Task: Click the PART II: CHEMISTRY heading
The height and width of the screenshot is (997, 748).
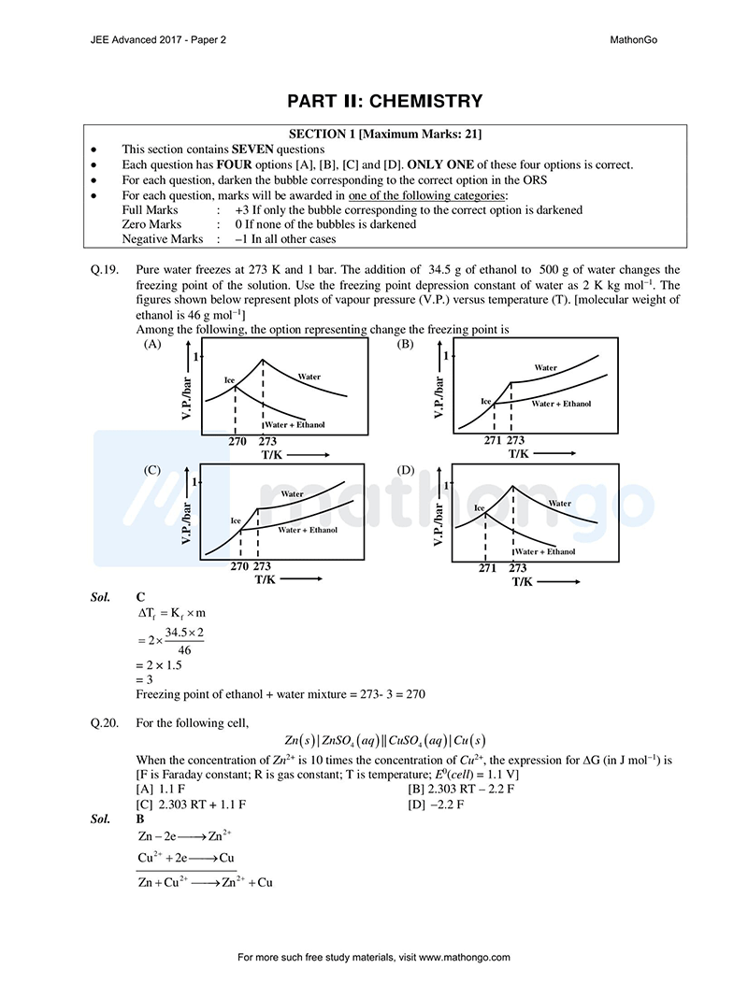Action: pyautogui.click(x=384, y=101)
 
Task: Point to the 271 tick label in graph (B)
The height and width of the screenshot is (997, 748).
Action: pyautogui.click(x=493, y=440)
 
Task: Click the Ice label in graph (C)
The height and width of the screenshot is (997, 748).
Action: pyautogui.click(x=236, y=520)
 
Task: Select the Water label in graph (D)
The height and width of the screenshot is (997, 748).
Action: pyautogui.click(x=559, y=503)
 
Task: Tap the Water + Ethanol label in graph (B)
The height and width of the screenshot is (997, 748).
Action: pyautogui.click(x=561, y=404)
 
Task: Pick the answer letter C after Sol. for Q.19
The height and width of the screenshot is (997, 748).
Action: pyautogui.click(x=140, y=596)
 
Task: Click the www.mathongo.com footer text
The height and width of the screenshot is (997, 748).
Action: pyautogui.click(x=465, y=958)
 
